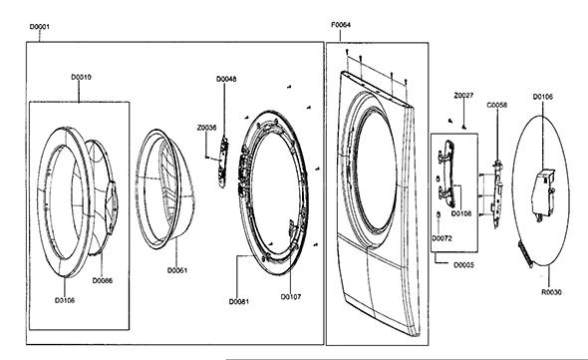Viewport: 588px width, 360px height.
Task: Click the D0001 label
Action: [x=40, y=27]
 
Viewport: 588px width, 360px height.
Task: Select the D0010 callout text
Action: [x=81, y=77]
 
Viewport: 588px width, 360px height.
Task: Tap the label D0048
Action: [x=226, y=79]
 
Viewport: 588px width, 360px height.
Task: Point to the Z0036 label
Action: [x=206, y=128]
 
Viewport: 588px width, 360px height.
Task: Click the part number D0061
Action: [x=177, y=270]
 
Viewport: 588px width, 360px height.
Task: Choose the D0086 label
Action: [x=103, y=280]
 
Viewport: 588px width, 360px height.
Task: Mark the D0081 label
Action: [x=239, y=301]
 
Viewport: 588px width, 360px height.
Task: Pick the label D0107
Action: [x=291, y=296]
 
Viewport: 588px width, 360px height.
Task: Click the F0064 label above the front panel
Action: [x=341, y=25]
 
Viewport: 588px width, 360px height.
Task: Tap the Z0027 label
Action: [x=463, y=96]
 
